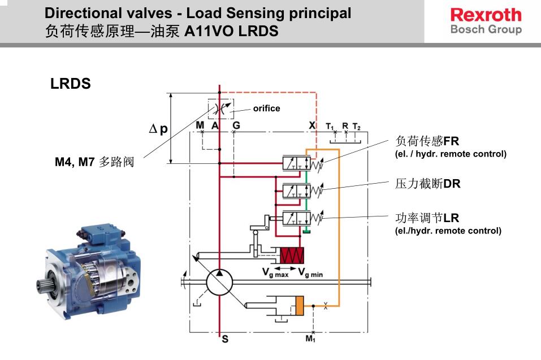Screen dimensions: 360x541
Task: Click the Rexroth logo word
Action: click(x=486, y=14)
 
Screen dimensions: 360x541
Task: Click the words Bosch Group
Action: click(x=486, y=29)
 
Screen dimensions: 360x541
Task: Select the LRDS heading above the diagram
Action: click(x=71, y=84)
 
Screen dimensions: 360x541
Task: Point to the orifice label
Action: click(x=266, y=108)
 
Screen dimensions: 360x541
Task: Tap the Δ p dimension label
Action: click(x=158, y=129)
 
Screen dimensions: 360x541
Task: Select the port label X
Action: click(x=313, y=125)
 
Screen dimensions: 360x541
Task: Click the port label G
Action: click(x=236, y=125)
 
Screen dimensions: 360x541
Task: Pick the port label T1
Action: click(x=330, y=126)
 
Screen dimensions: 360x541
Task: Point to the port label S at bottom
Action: click(x=225, y=340)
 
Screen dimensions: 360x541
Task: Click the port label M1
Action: click(x=310, y=339)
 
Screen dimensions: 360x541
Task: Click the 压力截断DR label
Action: click(x=419, y=184)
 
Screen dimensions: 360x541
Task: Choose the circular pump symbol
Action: click(x=219, y=281)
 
